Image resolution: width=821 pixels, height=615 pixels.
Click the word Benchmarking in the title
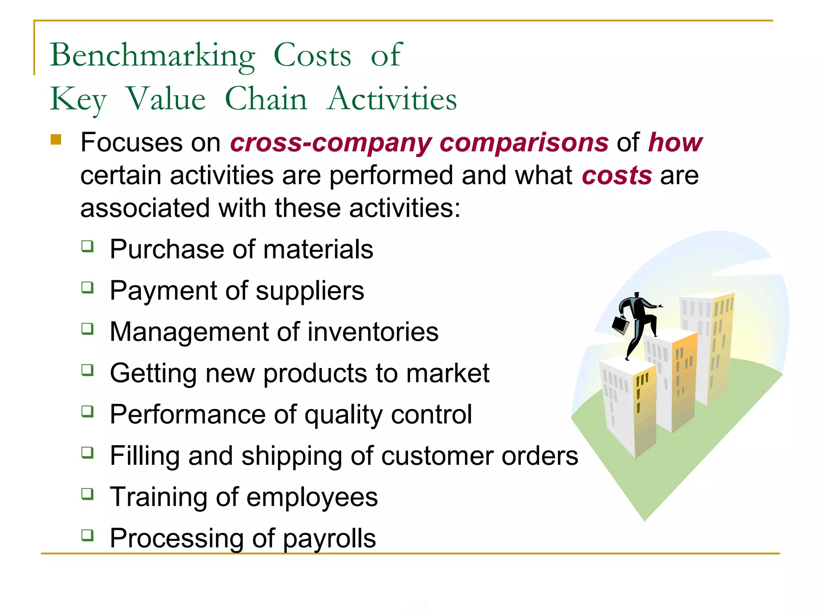[x=152, y=56]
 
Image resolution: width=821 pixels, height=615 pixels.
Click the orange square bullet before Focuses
[x=56, y=140]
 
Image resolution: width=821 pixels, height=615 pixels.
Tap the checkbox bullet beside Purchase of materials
[x=87, y=246]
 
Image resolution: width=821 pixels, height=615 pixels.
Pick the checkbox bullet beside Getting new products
[x=87, y=370]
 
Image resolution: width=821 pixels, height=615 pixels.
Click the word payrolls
[x=329, y=539]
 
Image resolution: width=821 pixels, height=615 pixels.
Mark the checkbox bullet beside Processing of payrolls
[x=87, y=535]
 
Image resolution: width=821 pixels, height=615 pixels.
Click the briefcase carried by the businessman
[x=621, y=325]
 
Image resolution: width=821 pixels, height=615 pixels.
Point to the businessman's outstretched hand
[x=657, y=307]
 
